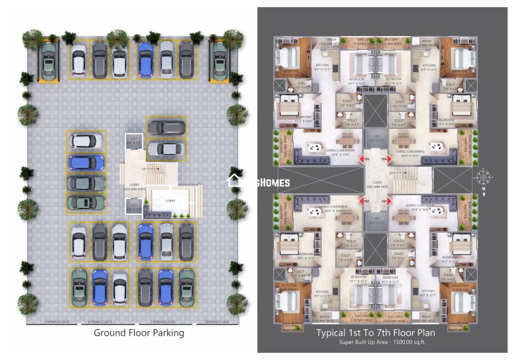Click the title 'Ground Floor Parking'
pyautogui.click(x=139, y=333)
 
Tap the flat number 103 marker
pyautogui.click(x=367, y=158)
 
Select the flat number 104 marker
pyautogui.click(x=384, y=158)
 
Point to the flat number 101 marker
pyautogui.click(x=384, y=201)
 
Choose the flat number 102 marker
pyautogui.click(x=367, y=201)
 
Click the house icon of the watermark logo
pyautogui.click(x=235, y=182)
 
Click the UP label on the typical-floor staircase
pyautogui.click(x=390, y=173)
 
